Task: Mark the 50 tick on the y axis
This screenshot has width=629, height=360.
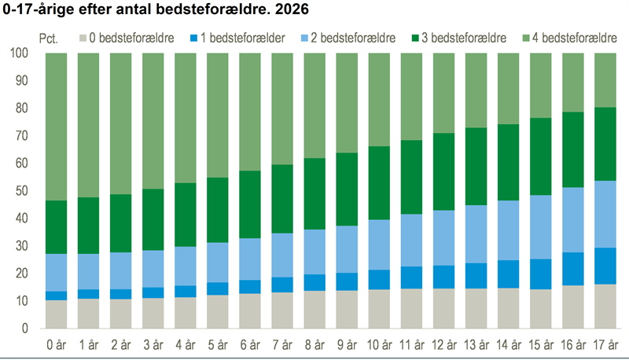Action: tap(21, 191)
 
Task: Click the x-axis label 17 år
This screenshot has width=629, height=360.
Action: tap(603, 344)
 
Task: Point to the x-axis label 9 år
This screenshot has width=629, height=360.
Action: tap(347, 344)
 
